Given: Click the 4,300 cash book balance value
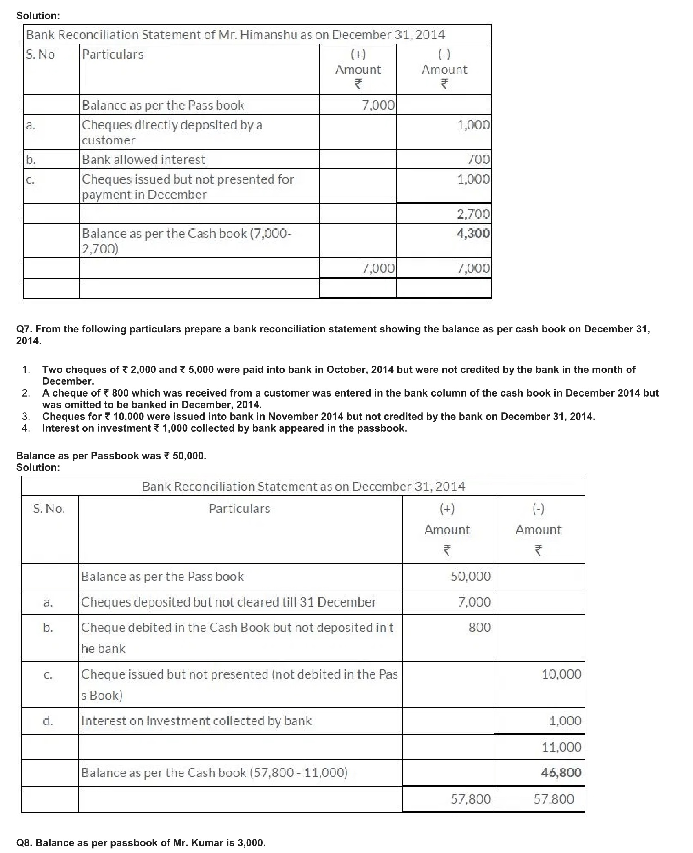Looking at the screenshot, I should (473, 233).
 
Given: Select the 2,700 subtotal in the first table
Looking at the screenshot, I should (473, 214).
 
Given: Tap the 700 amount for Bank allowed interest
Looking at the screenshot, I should (478, 160).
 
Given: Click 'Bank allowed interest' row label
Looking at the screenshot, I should (143, 160).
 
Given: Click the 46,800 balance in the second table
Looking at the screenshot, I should (561, 772).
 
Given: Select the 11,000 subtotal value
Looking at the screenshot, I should (561, 747).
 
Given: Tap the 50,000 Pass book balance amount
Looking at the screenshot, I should (471, 576).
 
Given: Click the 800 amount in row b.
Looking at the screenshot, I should (479, 627).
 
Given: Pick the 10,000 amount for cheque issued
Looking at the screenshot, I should (561, 674).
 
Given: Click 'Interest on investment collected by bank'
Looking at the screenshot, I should (196, 721).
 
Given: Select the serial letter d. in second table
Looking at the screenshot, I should (48, 721).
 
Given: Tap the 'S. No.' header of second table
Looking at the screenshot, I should (49, 509).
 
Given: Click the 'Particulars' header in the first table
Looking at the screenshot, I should (113, 54).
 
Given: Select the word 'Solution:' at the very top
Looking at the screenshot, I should (38, 16).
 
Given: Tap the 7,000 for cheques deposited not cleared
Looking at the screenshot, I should (474, 602).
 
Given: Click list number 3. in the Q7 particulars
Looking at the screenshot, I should (26, 417).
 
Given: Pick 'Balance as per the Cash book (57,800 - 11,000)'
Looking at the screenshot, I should (214, 772).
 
